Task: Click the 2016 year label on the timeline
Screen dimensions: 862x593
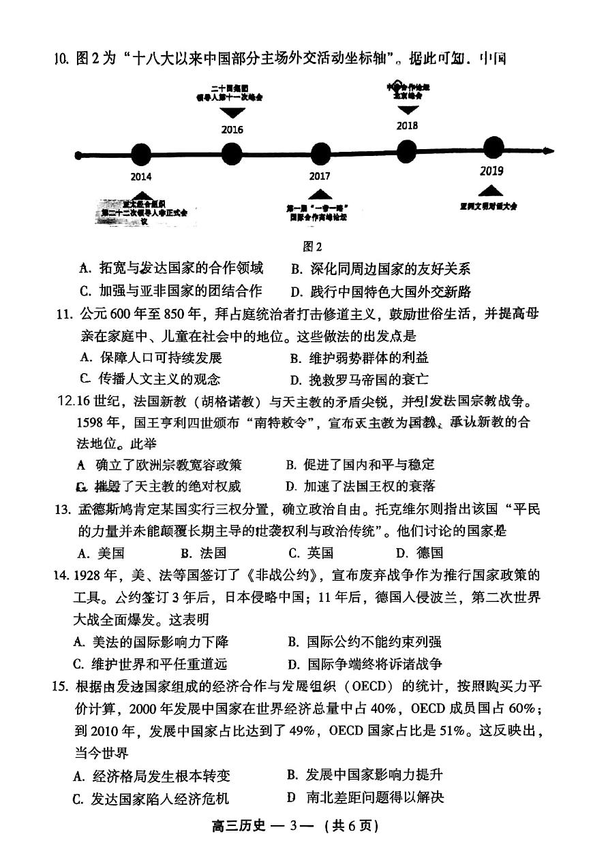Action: coord(232,129)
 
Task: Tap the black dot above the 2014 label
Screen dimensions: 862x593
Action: coord(140,155)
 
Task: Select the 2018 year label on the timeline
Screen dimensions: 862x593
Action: coord(407,125)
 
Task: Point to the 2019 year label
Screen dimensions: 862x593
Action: coord(491,171)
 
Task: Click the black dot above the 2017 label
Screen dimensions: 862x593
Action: coord(320,155)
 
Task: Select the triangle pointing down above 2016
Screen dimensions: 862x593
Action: coord(232,111)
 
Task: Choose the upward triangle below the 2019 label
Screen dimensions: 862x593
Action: coord(491,191)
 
